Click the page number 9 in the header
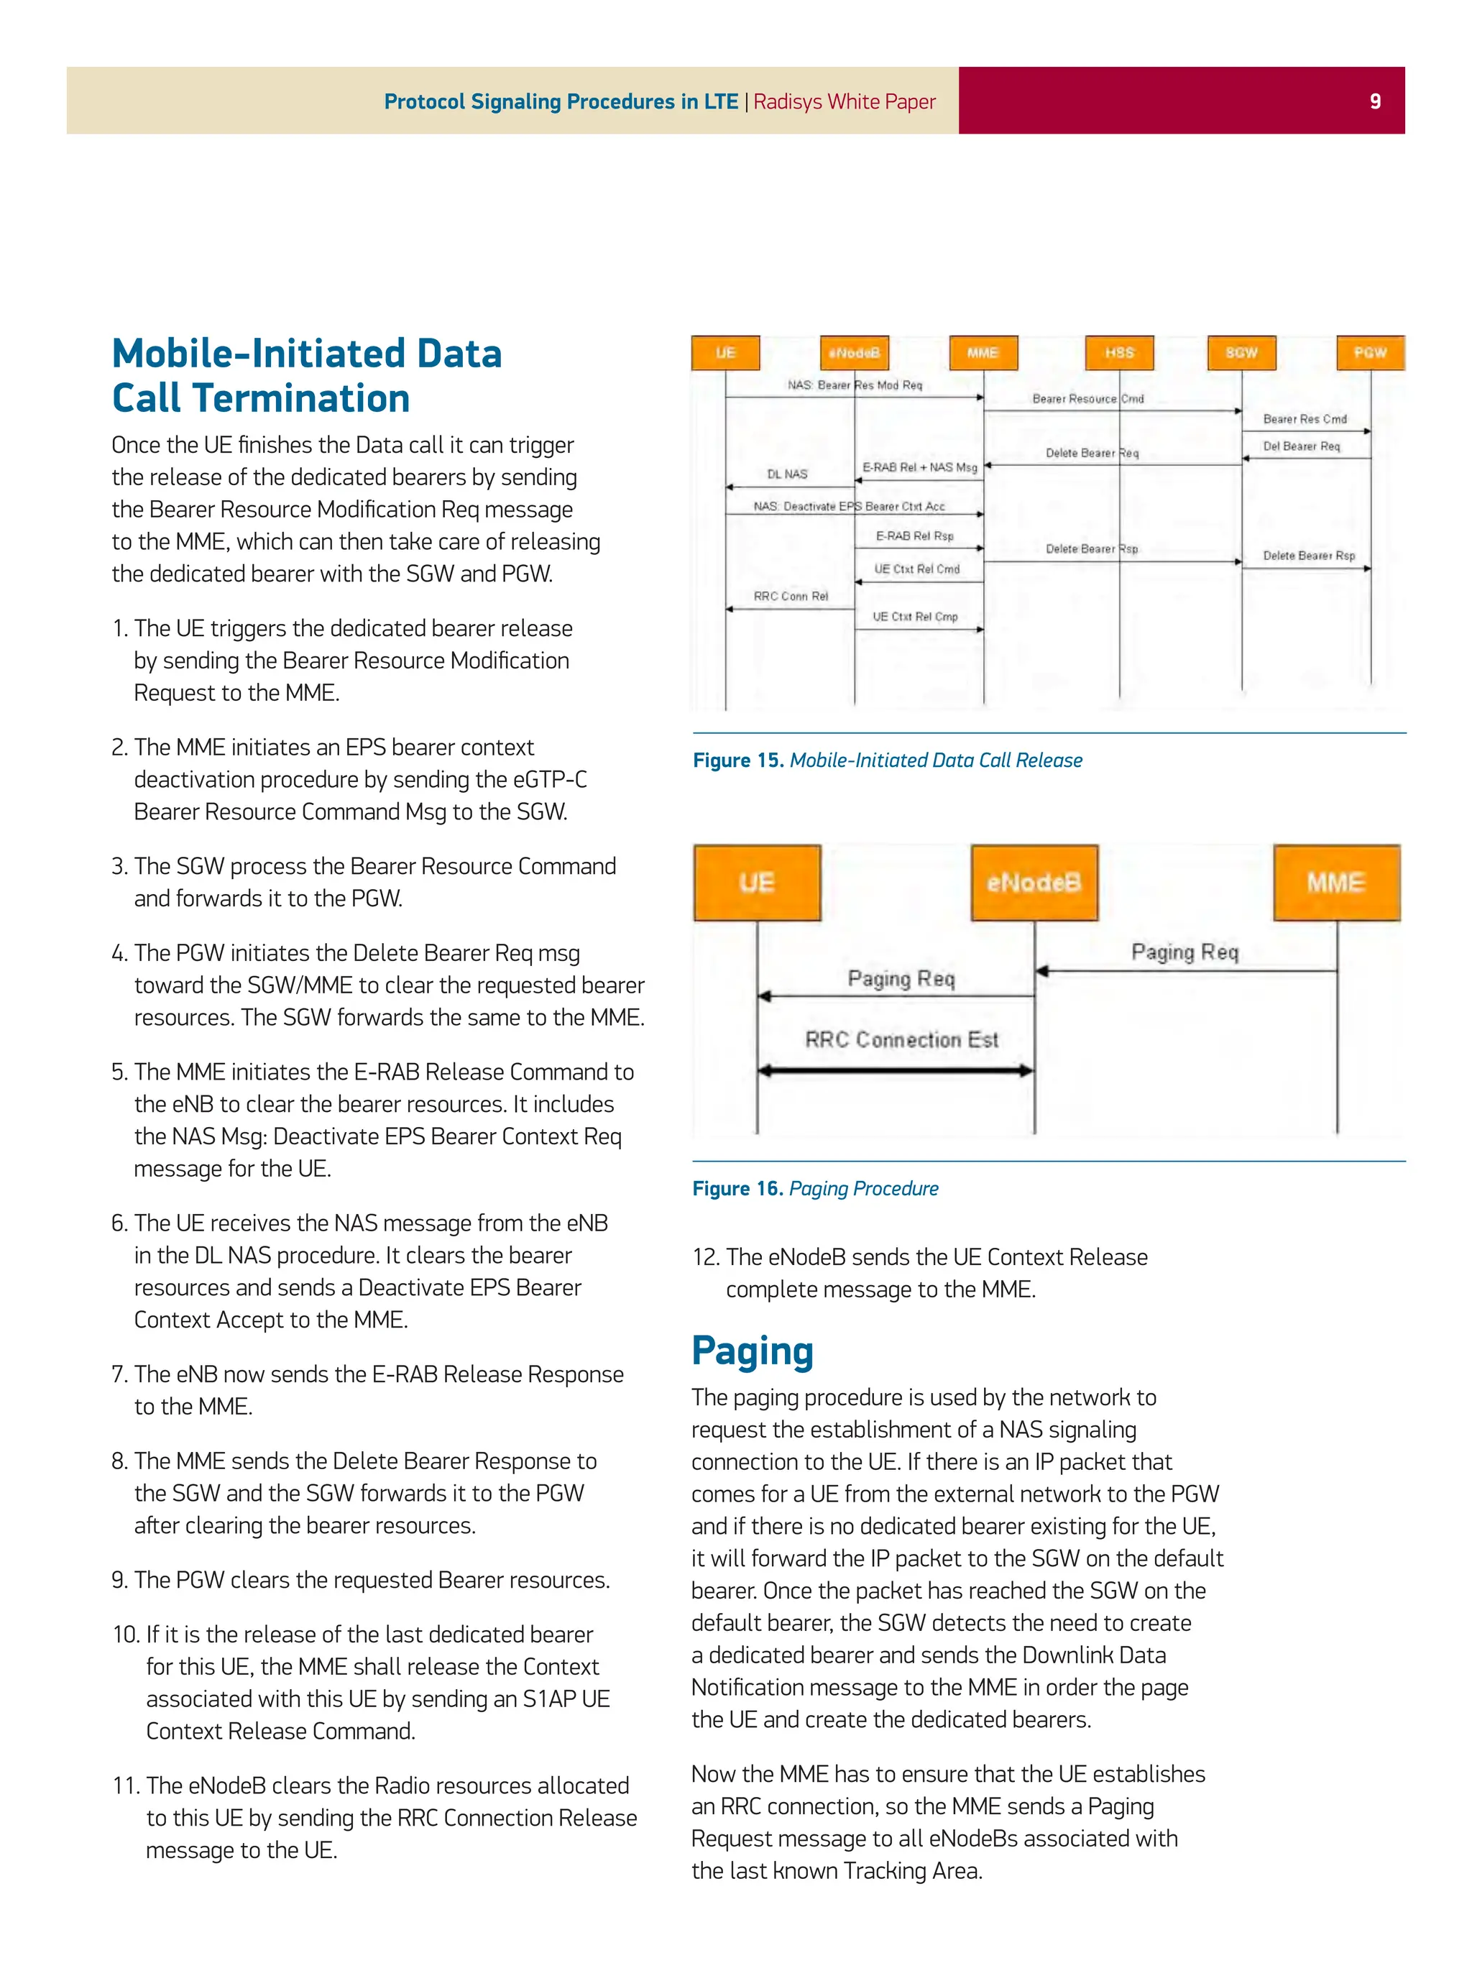[1374, 101]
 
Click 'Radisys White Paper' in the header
[844, 101]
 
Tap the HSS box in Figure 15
[1119, 352]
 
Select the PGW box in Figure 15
[1369, 352]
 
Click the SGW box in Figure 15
[1241, 352]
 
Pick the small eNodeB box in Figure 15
[854, 352]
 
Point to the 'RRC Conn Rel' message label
[791, 597]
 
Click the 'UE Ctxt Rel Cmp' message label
[915, 617]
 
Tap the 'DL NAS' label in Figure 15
[787, 474]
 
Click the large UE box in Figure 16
[757, 883]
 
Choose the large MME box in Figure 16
[1336, 883]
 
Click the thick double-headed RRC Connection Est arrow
[896, 1071]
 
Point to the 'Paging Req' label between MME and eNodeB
[1184, 952]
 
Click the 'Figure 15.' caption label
[737, 760]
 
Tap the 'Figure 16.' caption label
[737, 1188]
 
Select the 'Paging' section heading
[752, 1350]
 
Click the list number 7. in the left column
[121, 1374]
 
